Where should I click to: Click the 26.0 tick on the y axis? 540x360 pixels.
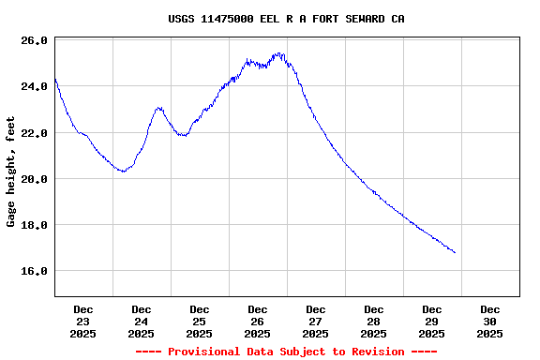click(x=35, y=41)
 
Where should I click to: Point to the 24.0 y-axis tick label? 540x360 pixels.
click(x=35, y=87)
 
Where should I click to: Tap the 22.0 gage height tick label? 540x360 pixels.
click(x=35, y=133)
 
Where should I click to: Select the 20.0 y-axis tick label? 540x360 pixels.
click(x=35, y=179)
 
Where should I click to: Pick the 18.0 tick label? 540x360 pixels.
click(x=35, y=225)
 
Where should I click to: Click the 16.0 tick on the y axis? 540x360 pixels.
click(x=35, y=271)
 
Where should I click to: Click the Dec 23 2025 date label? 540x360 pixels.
click(x=83, y=321)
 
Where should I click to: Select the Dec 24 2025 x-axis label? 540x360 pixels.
click(x=142, y=321)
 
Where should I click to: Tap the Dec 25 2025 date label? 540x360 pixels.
click(x=200, y=321)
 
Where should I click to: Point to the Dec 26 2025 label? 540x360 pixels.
click(x=258, y=321)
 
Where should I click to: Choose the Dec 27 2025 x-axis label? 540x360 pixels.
click(x=316, y=321)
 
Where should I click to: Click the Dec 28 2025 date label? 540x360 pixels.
click(x=374, y=321)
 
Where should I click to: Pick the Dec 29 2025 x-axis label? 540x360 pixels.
click(x=432, y=321)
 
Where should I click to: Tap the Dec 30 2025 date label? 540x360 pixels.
click(x=490, y=321)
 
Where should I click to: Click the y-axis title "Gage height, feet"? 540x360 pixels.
click(x=11, y=172)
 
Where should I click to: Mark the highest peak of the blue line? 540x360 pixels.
click(x=278, y=53)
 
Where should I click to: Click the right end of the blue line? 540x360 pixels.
click(x=455, y=252)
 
